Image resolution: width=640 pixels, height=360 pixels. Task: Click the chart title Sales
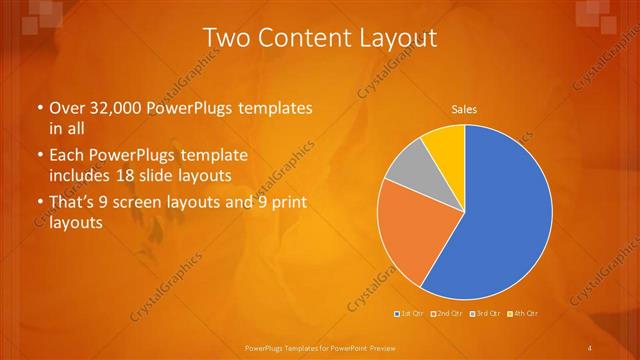pyautogui.click(x=464, y=108)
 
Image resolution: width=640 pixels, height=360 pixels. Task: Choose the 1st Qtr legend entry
pyautogui.click(x=409, y=314)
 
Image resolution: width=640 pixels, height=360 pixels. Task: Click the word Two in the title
pyautogui.click(x=226, y=38)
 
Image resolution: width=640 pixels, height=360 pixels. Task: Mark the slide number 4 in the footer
pyautogui.click(x=590, y=347)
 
